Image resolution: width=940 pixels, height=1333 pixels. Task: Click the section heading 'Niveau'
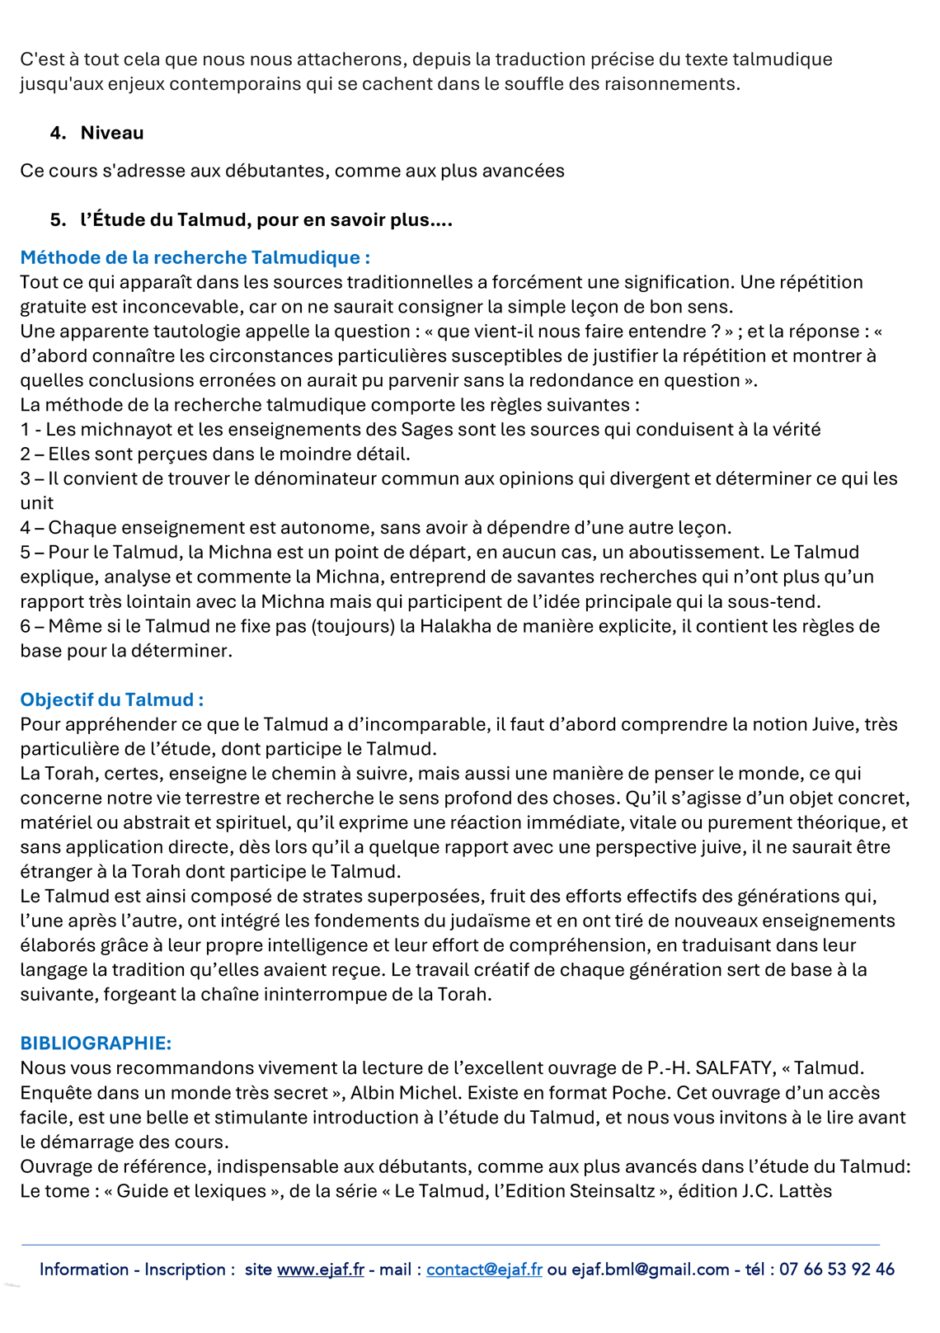tap(112, 133)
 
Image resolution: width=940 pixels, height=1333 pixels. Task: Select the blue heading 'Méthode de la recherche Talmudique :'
tap(195, 257)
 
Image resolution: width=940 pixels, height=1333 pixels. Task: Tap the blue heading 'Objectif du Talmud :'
tap(112, 699)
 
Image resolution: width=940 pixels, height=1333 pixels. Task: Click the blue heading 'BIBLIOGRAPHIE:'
tap(96, 1043)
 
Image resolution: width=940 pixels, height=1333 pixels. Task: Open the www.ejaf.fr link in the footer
tap(320, 1269)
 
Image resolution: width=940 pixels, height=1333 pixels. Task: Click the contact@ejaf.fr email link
tap(484, 1269)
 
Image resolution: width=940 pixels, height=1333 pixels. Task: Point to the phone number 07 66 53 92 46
tap(836, 1269)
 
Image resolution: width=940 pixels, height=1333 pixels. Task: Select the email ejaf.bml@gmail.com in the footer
tap(651, 1269)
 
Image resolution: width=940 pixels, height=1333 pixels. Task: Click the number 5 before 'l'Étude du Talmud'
tap(57, 219)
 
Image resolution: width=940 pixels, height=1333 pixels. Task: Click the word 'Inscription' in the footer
tap(185, 1269)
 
